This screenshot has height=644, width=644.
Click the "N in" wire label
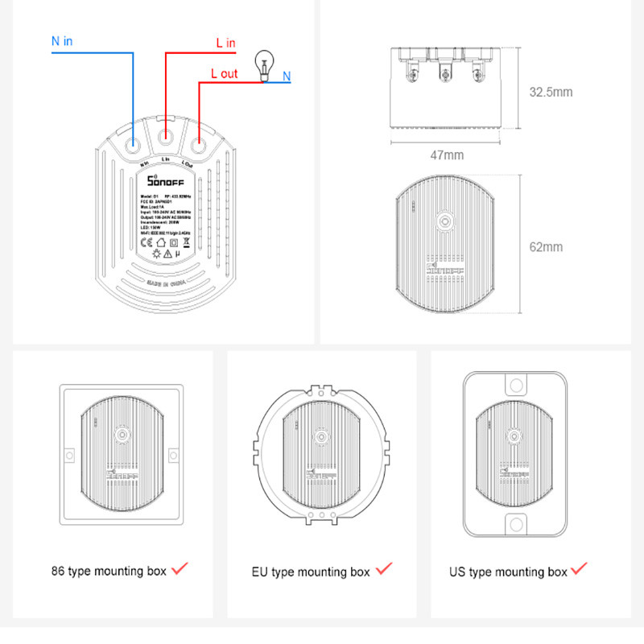(x=62, y=41)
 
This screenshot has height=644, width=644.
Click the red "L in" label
(x=226, y=42)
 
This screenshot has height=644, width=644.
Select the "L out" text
(x=224, y=73)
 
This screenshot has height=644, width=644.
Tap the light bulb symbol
(x=262, y=65)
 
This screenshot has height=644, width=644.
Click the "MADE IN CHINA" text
(x=166, y=283)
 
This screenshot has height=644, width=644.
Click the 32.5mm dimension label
(x=551, y=92)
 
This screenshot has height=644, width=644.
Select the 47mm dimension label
(x=447, y=155)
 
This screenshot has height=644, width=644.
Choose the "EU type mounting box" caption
(x=311, y=572)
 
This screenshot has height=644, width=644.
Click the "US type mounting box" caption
(x=508, y=572)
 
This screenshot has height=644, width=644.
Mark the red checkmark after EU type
(x=384, y=569)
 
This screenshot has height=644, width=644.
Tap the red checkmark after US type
(x=579, y=568)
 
